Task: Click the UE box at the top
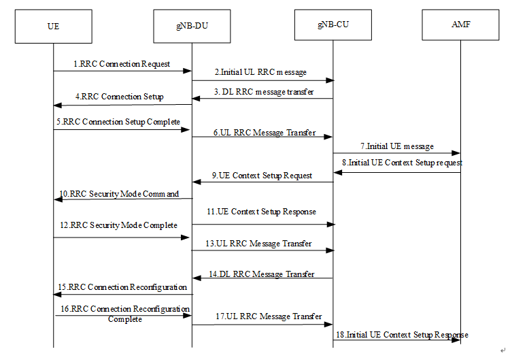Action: [x=54, y=26]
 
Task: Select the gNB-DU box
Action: [x=191, y=26]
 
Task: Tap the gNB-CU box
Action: [x=333, y=25]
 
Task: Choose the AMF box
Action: [x=460, y=25]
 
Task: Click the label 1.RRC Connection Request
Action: [x=122, y=64]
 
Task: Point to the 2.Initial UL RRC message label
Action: [x=260, y=72]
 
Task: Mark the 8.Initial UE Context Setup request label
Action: [x=402, y=163]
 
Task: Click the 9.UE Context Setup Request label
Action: [x=261, y=176]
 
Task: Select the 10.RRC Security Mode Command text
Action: [x=119, y=194]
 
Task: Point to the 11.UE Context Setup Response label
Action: [x=262, y=212]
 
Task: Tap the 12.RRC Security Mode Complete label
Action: [x=119, y=225]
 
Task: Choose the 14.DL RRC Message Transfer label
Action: [x=262, y=274]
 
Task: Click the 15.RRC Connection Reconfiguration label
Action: [x=123, y=287]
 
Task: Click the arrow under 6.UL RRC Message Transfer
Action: [x=262, y=137]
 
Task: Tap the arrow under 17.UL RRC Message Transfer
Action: [x=262, y=325]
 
